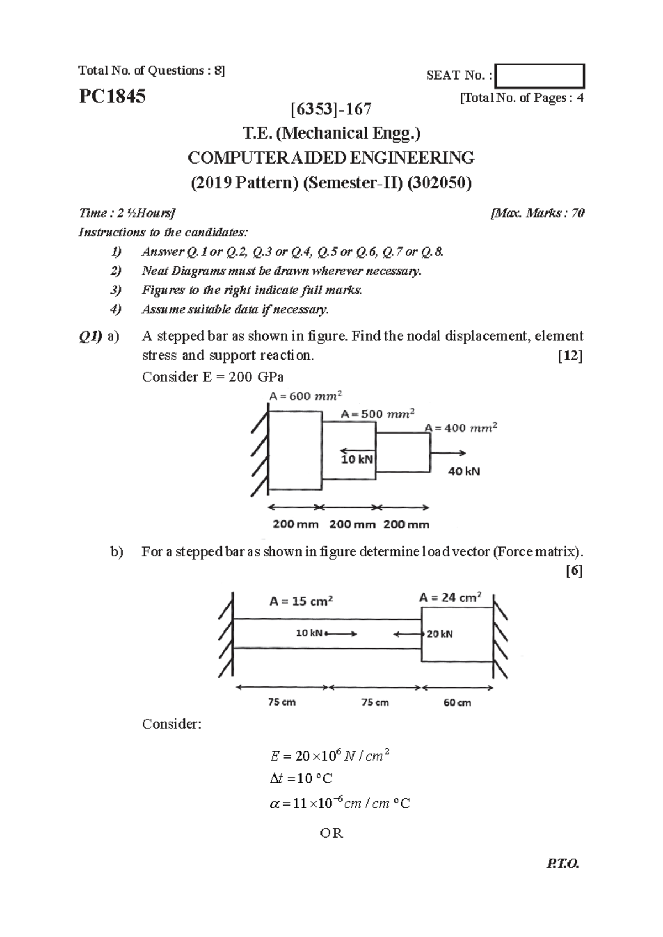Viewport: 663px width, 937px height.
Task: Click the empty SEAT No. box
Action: pos(540,76)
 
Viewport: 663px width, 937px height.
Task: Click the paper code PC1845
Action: pos(112,97)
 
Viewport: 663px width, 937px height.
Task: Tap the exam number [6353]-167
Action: pos(331,109)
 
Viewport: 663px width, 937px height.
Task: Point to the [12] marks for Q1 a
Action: pos(571,356)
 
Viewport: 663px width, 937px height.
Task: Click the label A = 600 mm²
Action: pos(306,396)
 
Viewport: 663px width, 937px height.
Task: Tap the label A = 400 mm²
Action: pos(461,428)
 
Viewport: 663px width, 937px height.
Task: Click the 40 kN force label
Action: pos(464,472)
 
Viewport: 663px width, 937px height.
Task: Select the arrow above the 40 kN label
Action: pos(448,453)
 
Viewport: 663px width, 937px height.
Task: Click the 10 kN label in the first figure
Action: pos(356,459)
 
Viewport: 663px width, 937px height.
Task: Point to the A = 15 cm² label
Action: pos(301,601)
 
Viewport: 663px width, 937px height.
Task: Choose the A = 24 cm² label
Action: pos(450,597)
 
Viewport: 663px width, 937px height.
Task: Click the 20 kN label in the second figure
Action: pos(439,634)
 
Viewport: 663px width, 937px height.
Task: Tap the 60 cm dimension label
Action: pos(457,703)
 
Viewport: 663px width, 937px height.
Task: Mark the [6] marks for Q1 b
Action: pos(574,571)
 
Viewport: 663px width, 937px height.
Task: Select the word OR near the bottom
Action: pos(331,833)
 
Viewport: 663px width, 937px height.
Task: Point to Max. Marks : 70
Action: pos(537,213)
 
